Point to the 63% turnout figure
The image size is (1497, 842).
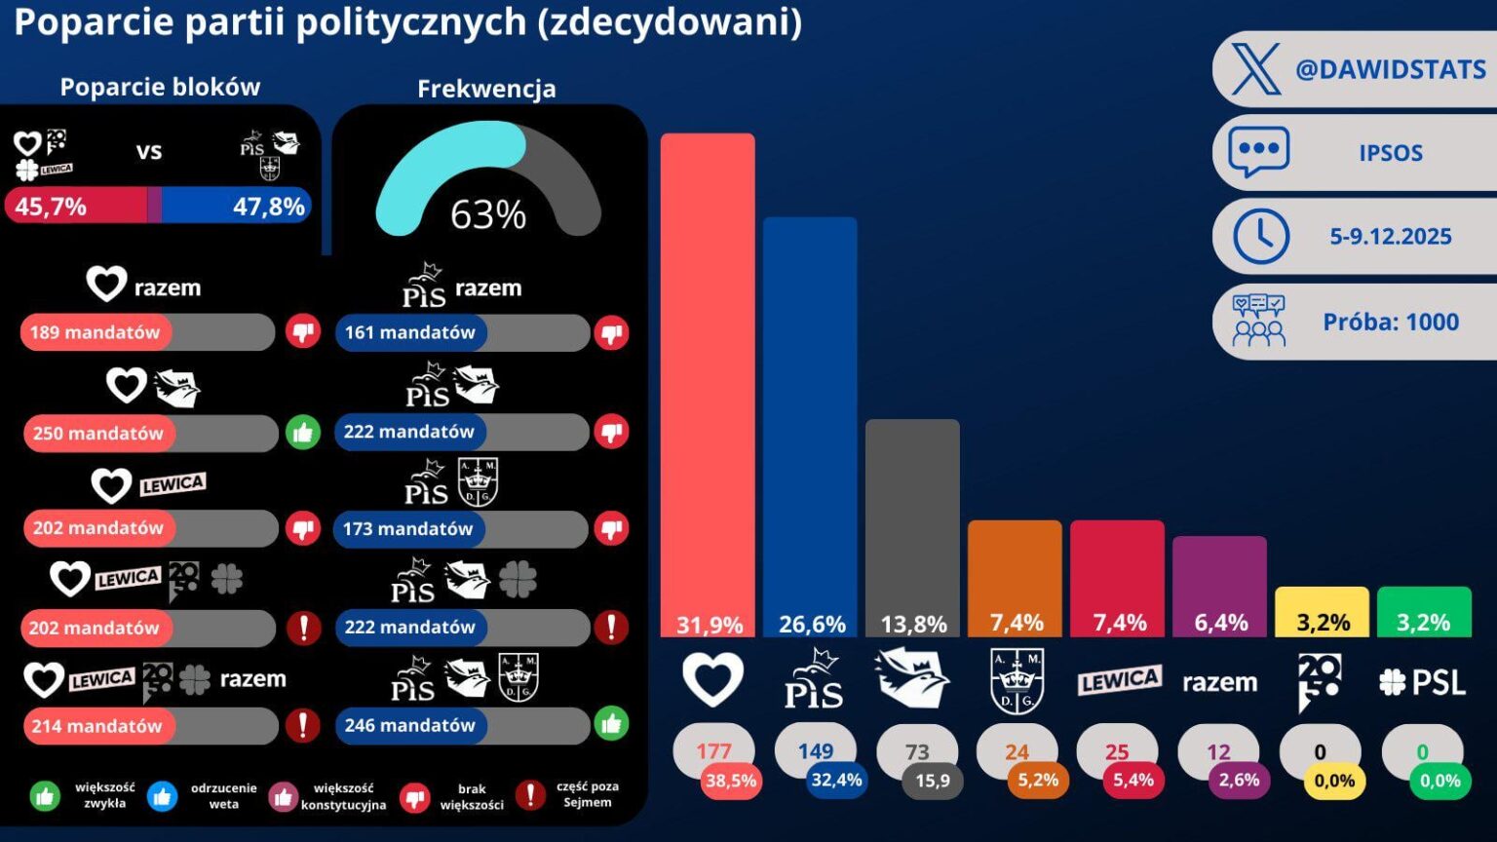coord(488,214)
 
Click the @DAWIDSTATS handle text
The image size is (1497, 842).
coord(1391,69)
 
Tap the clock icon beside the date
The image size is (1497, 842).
coord(1260,236)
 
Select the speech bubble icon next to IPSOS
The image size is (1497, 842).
coord(1258,152)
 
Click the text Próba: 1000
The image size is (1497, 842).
coord(1391,322)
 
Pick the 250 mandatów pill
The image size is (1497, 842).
coord(97,434)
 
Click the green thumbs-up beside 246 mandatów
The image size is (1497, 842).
coord(611,724)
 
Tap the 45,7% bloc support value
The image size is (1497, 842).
coord(51,207)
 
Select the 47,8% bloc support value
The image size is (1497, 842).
coord(269,207)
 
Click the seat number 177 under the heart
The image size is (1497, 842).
coord(713,751)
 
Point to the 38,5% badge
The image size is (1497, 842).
coord(731,780)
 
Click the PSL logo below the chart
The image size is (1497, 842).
coord(1423,682)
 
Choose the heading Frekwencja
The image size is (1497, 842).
coord(486,89)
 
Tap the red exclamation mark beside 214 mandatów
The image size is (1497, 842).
coord(303,725)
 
